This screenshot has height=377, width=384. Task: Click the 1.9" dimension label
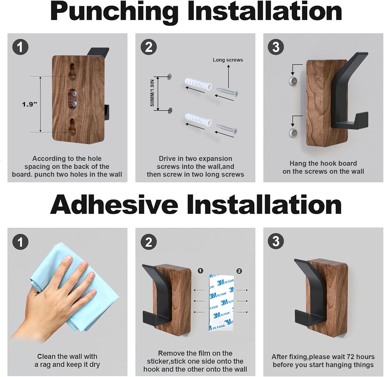coord(29,104)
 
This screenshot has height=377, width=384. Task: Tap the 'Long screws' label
coord(228,60)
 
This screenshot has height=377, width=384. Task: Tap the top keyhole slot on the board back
coord(72,70)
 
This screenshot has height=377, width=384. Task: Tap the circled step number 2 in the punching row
coord(149,47)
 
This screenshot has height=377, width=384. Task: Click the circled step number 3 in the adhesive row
coord(276,241)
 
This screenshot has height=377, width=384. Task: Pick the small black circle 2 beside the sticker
coord(239,271)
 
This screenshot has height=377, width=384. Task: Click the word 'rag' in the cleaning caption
coord(46,364)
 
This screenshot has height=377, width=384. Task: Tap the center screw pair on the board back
coord(74,99)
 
